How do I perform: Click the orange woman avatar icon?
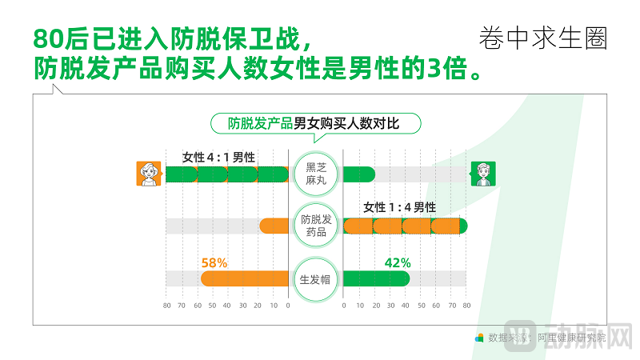click(x=147, y=174)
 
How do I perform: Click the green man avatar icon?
click(x=482, y=174)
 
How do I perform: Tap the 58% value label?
click(x=214, y=262)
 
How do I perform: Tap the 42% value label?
click(x=398, y=262)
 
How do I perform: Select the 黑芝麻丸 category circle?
click(x=316, y=174)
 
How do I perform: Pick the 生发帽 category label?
click(x=316, y=280)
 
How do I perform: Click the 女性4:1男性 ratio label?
click(x=218, y=158)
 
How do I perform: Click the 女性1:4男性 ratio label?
click(x=400, y=208)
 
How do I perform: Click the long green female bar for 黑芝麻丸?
click(x=226, y=174)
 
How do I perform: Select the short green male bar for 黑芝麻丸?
click(x=359, y=174)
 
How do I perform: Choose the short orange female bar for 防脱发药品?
click(x=274, y=226)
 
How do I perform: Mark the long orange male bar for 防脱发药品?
click(x=405, y=226)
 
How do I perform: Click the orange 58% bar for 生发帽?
click(x=244, y=278)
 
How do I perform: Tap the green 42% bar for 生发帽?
click(x=377, y=278)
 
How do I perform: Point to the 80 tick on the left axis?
click(x=166, y=306)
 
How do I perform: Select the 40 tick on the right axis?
click(x=405, y=306)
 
